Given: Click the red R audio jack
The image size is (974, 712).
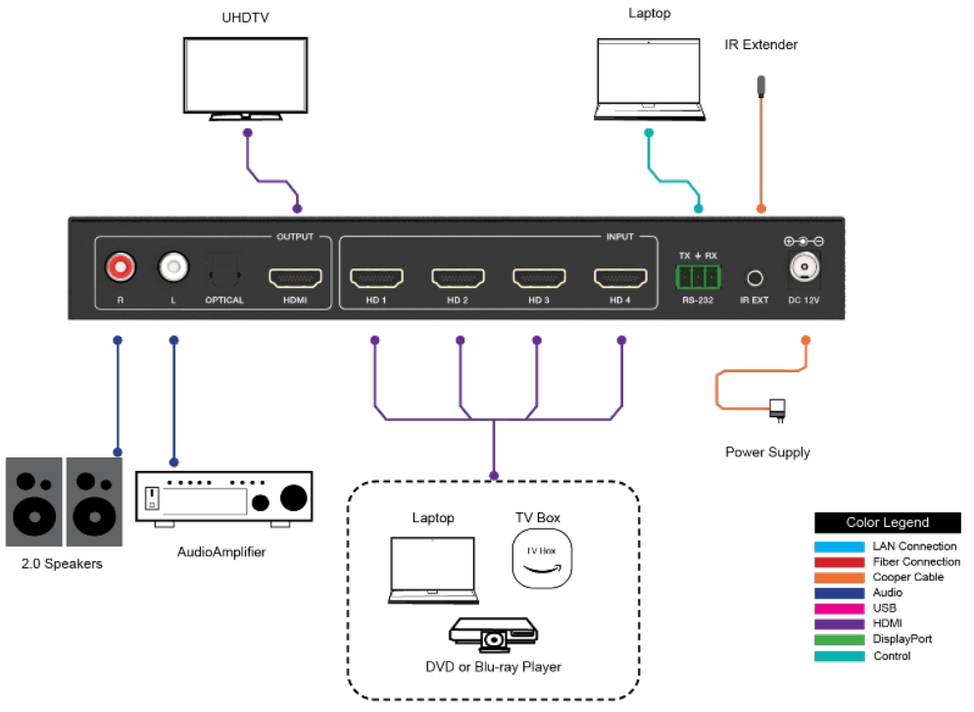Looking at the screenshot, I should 121,266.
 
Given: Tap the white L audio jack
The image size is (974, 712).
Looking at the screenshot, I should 173,266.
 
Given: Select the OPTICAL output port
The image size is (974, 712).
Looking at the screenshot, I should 224,270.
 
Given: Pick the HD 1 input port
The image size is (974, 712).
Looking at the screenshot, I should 376,277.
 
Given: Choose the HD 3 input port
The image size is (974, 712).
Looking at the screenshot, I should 539,277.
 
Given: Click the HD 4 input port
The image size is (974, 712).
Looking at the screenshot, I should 620,277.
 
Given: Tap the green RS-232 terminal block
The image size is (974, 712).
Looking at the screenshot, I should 698,276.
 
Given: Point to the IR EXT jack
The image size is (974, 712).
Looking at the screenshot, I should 755,278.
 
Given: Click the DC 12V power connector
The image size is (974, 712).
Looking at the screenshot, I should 804,266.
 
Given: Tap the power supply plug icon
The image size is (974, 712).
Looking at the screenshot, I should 778,409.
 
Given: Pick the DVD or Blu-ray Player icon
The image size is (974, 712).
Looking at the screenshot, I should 493,635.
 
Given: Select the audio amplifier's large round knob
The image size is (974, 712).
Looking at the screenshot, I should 293,498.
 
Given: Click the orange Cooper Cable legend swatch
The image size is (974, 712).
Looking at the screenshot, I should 839,577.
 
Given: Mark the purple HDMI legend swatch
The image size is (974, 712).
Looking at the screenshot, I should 839,623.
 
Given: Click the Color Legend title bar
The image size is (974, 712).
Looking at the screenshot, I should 888,523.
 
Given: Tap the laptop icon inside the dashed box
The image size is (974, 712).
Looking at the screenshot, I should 432,569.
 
